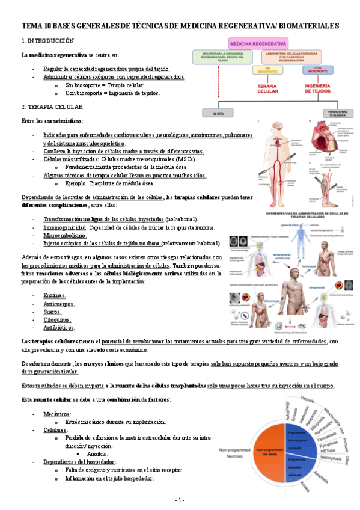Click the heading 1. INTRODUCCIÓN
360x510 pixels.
click(x=47, y=40)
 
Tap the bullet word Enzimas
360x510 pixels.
click(x=54, y=295)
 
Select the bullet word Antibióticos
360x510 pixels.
click(x=59, y=328)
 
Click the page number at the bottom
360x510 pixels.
click(x=180, y=500)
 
